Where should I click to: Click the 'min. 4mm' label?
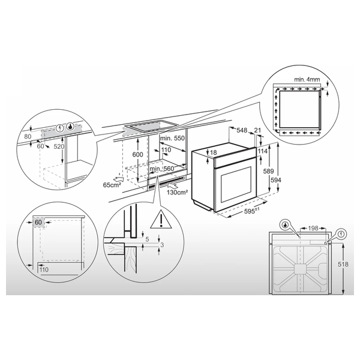[308, 79]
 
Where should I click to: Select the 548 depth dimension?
[242, 130]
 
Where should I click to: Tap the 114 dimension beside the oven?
[262, 151]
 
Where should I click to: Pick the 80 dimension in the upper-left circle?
[28, 137]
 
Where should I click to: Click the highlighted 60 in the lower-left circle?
[38, 222]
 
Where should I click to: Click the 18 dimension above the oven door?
[214, 153]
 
